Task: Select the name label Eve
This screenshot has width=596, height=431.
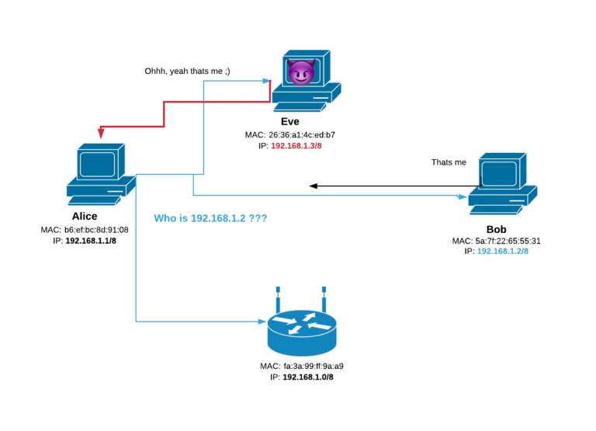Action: (290, 121)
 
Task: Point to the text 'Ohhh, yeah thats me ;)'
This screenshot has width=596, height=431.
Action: (187, 71)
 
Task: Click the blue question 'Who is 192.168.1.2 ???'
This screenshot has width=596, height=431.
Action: (210, 219)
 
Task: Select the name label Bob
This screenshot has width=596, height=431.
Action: (496, 229)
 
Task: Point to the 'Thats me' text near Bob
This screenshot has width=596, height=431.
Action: (449, 162)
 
